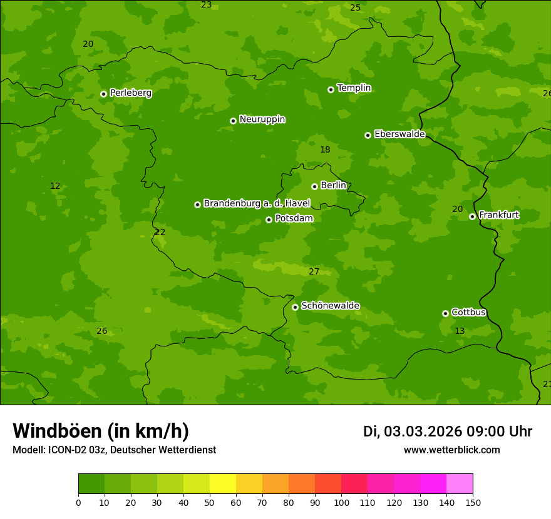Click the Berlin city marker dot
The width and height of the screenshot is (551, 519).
314,186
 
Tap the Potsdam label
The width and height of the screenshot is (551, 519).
294,218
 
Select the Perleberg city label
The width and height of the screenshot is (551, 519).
130,93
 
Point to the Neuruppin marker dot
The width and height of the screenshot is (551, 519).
233,121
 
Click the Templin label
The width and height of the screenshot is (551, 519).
354,88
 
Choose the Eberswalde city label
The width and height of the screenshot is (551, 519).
399,134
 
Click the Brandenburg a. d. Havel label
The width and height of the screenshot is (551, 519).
257,203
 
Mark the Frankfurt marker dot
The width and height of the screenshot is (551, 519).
472,216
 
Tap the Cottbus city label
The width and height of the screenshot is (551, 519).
468,312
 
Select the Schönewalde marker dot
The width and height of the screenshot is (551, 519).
295,307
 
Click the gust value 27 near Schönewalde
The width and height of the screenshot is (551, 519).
314,271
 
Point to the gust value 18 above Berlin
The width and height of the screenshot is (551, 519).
325,149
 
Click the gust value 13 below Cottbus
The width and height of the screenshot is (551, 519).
460,331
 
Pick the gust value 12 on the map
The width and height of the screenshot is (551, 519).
55,186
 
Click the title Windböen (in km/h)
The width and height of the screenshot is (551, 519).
101,431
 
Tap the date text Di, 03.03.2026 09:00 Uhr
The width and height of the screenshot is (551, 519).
448,431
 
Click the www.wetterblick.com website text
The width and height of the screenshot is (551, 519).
451,450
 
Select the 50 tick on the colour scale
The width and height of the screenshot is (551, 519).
210,502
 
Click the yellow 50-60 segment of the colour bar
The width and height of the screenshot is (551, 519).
223,484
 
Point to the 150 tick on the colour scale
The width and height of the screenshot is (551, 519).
473,502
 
